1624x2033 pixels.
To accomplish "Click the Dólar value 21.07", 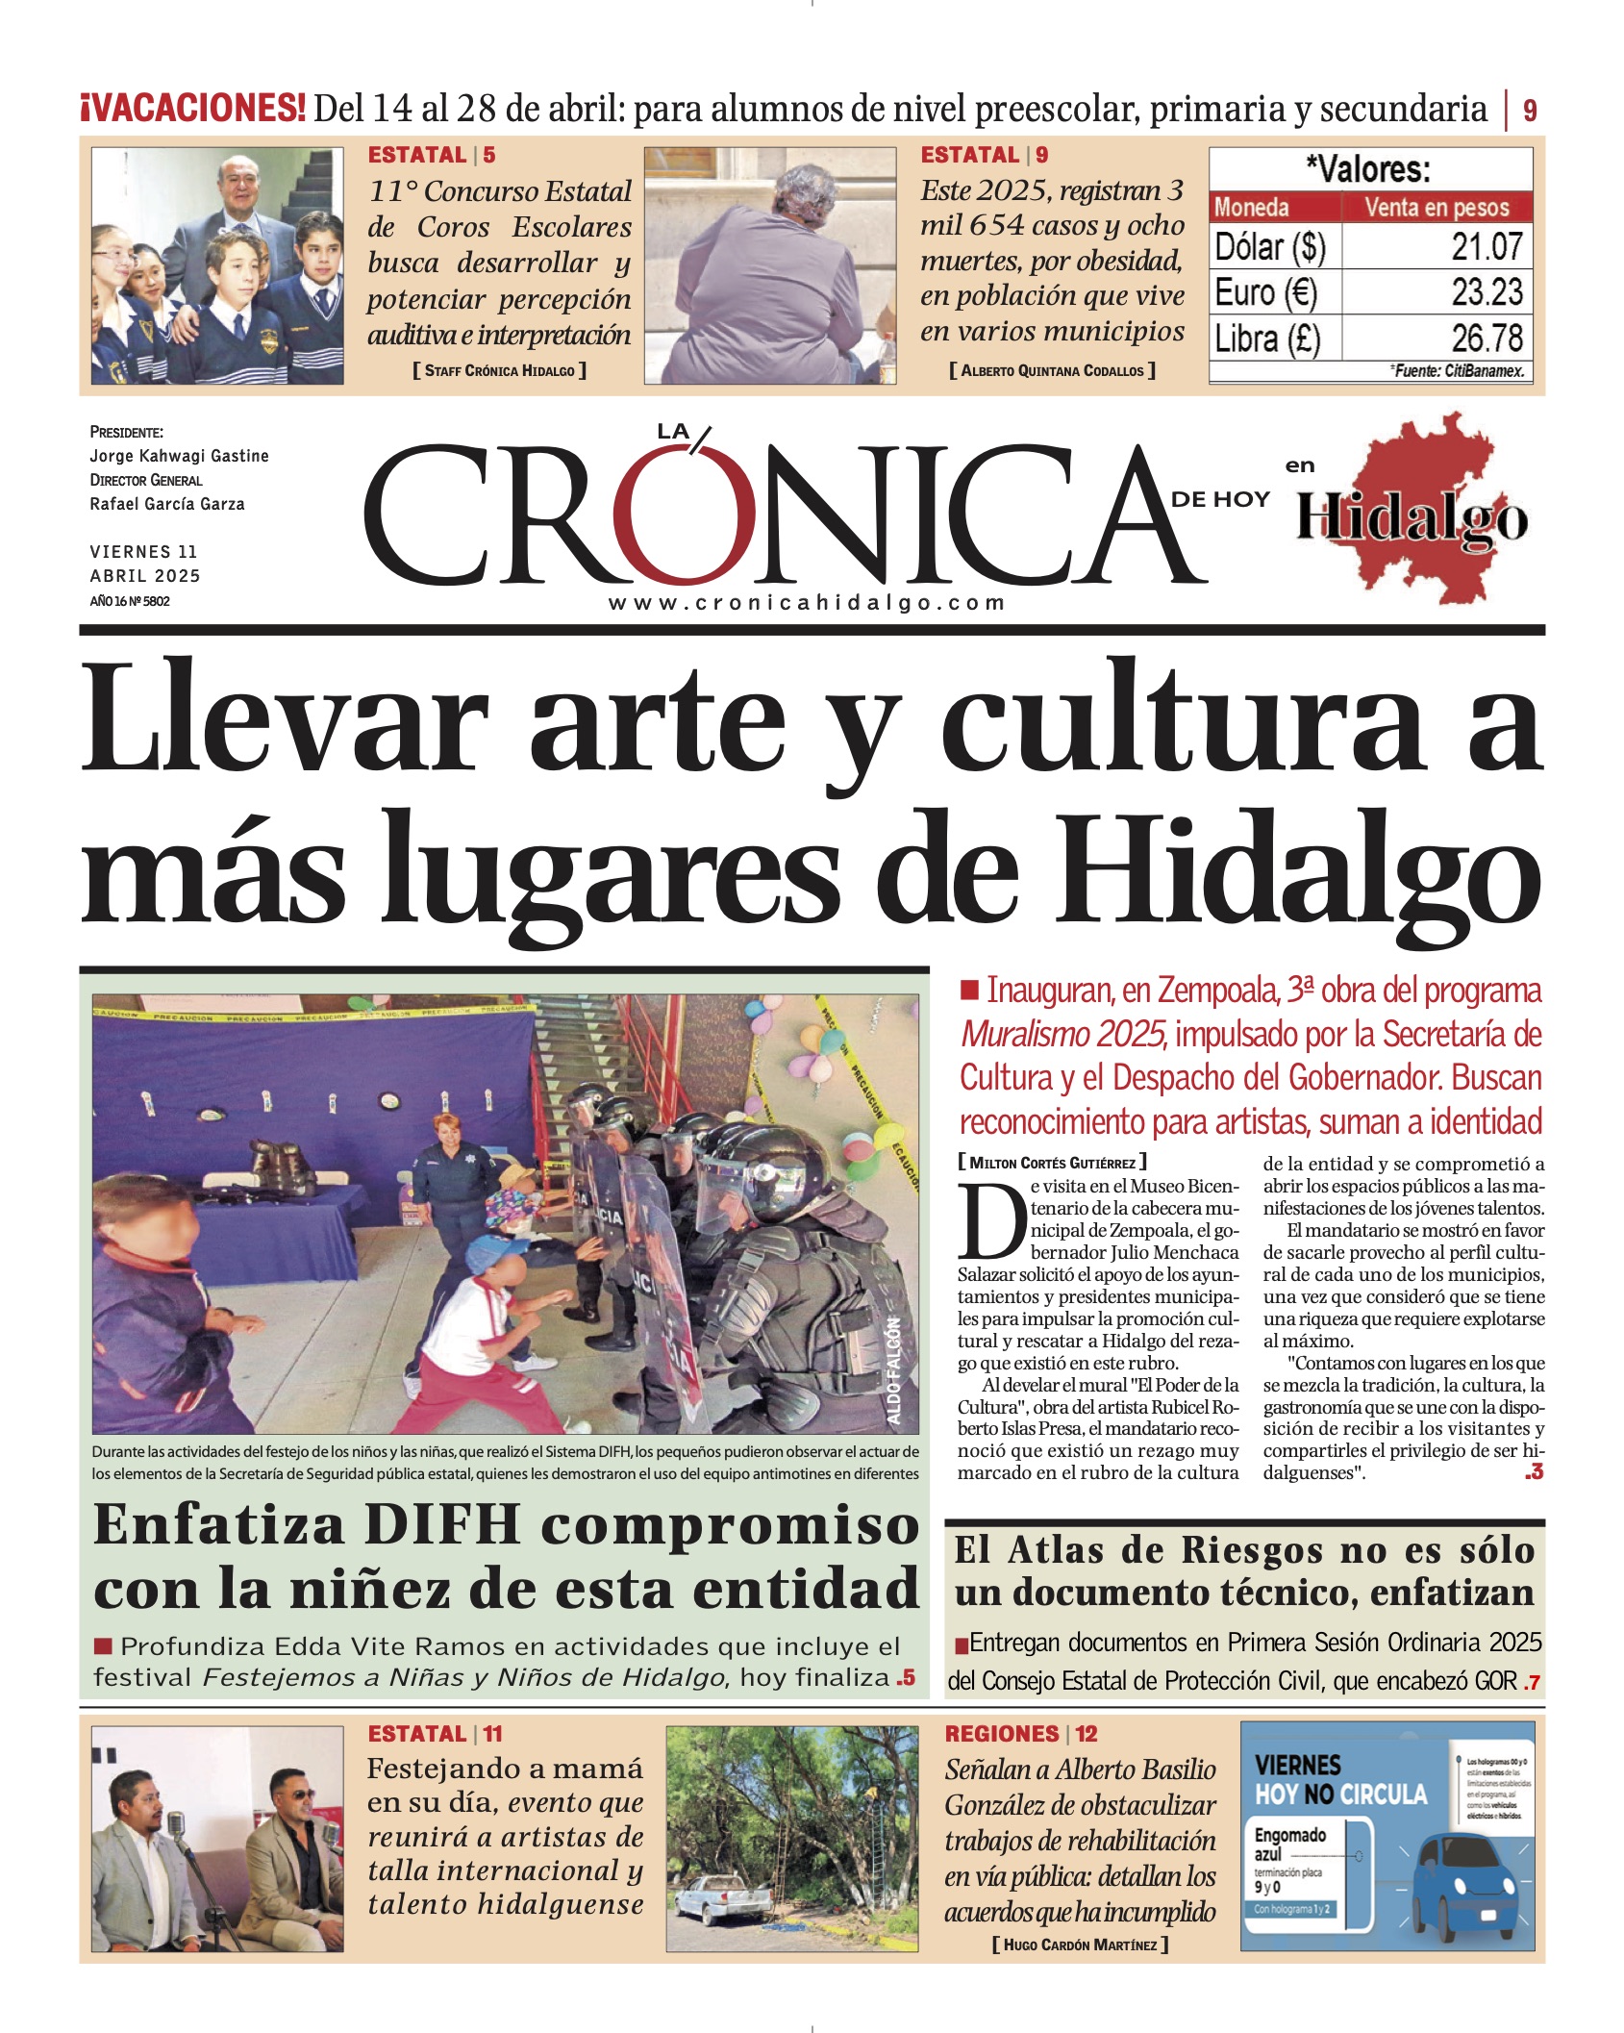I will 1487,247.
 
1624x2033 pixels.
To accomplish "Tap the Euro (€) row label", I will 1265,292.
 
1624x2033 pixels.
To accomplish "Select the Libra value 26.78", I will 1487,339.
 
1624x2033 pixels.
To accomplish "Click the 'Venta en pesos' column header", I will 1437,208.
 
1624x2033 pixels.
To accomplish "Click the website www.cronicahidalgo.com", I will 807,603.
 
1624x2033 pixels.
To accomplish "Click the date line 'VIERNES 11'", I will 143,552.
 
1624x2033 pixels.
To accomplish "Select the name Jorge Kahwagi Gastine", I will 179,456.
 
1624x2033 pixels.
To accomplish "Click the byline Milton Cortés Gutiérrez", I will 1052,1163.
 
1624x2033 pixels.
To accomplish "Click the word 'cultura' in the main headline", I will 1192,720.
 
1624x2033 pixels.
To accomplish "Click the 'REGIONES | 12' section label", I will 1020,1734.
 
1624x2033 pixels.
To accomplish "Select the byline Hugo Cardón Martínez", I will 1080,1945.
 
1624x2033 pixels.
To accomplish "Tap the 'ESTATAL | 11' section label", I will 435,1734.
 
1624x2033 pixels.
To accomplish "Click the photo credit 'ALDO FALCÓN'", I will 893,1369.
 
